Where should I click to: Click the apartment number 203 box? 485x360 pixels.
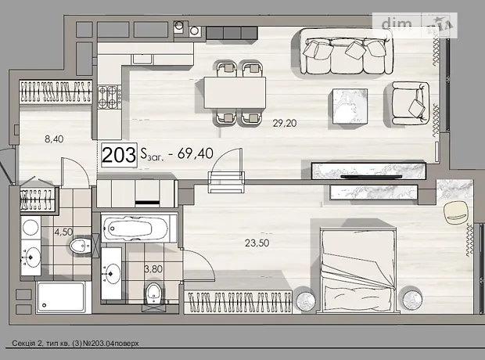pos(119,155)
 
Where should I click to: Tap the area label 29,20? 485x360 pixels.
pos(285,123)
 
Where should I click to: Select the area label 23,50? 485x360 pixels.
pos(257,243)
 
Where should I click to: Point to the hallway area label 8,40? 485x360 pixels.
pos(54,139)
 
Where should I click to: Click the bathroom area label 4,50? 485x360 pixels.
pos(63,232)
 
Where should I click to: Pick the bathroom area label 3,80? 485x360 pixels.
pos(153,268)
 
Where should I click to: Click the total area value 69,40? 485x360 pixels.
pos(196,153)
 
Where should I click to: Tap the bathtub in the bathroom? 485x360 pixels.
pos(136,229)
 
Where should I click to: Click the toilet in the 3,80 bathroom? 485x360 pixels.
pos(153,293)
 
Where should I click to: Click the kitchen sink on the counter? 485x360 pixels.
pos(142,59)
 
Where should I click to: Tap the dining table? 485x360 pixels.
pos(235,92)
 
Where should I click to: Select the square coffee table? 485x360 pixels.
pos(350,106)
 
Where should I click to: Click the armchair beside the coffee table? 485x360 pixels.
pos(408,103)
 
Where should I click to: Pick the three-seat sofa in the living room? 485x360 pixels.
pos(347,52)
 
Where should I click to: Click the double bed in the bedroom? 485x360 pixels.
pos(358,269)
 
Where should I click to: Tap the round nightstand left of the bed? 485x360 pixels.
pos(306,301)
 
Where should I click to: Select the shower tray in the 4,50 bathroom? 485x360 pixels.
pos(60,297)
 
